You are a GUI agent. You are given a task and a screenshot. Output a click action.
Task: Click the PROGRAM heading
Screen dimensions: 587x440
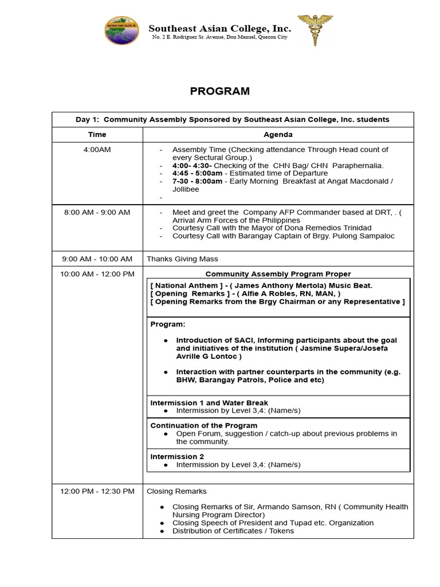pos(220,91)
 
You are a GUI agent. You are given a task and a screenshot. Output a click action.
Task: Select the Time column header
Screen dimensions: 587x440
pos(97,135)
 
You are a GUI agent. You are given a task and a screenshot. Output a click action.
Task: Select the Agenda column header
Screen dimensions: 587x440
pos(278,135)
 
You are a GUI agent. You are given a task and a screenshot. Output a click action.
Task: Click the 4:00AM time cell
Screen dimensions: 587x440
pos(97,150)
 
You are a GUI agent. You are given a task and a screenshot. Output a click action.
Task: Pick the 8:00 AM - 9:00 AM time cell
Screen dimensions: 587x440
pos(97,212)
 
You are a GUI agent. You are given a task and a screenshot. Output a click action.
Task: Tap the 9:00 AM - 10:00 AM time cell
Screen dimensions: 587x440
pos(97,259)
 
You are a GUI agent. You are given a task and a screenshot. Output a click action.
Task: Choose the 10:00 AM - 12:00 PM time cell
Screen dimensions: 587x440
pos(97,274)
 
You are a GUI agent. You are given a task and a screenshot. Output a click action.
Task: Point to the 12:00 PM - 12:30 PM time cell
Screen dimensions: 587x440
pos(97,491)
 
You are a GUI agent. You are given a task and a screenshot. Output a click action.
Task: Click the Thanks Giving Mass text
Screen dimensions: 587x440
pos(182,259)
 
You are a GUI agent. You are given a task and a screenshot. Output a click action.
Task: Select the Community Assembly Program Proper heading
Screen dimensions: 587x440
pos(278,274)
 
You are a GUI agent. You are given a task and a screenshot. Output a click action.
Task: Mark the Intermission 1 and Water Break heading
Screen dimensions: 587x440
pos(209,403)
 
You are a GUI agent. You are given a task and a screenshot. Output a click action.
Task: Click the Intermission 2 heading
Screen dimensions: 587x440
pos(177,457)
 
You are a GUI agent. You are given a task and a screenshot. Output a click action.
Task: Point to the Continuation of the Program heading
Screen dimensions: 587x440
pos(203,426)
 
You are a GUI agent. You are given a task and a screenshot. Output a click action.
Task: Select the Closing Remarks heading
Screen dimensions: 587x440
pos(176,491)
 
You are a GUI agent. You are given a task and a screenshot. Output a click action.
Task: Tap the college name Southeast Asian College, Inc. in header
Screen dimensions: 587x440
pos(220,28)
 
